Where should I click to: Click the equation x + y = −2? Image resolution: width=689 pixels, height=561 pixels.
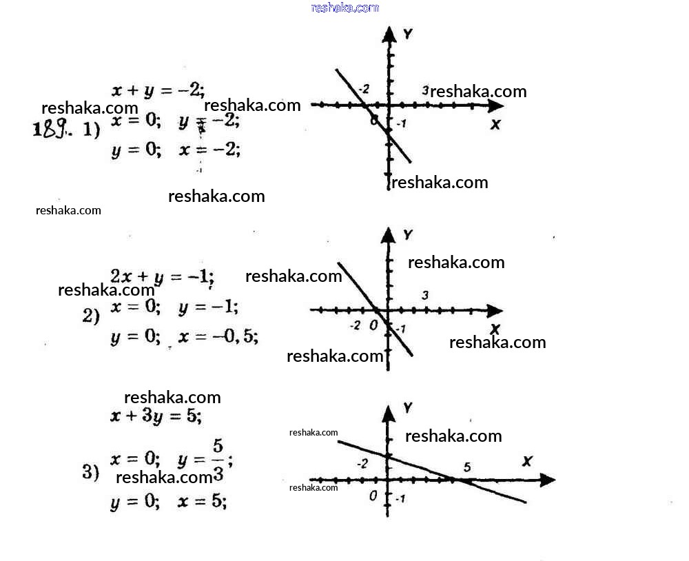tap(158, 90)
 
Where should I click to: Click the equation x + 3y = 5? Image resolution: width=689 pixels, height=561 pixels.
tap(156, 416)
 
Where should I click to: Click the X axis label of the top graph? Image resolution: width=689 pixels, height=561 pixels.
tap(495, 125)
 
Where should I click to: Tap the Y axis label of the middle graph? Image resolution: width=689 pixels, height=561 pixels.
tap(408, 235)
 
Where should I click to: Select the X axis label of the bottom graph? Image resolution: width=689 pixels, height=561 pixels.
tap(528, 460)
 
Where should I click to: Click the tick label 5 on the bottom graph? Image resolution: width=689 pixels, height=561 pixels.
tap(467, 467)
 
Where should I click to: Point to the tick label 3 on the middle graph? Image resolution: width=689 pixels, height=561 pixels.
tap(425, 295)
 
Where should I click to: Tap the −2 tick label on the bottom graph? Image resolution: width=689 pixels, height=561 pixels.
tap(362, 463)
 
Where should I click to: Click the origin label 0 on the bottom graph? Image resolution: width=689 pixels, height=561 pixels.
tap(373, 496)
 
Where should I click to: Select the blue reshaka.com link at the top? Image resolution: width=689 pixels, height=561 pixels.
tap(344, 8)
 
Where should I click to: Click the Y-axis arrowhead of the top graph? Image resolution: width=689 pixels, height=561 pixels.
tap(390, 34)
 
